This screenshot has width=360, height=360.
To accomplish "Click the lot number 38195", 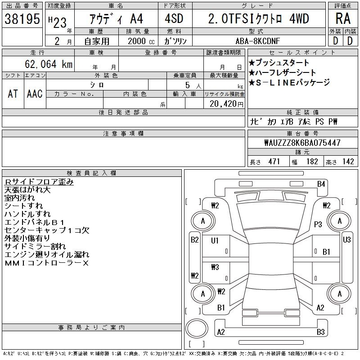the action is tap(22, 19).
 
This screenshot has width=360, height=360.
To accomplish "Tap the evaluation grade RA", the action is tap(343, 18).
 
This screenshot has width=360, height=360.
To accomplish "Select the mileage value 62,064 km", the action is tap(49, 64).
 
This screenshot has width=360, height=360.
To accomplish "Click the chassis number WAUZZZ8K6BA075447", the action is tap(302, 143).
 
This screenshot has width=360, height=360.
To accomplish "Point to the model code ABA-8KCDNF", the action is tap(258, 41).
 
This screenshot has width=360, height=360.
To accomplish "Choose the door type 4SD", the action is tap(174, 18).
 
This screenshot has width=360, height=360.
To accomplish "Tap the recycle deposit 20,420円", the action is tap(226, 104).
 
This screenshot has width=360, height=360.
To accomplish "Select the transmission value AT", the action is tap(13, 94).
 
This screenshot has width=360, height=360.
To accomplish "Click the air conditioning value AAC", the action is tap(35, 94).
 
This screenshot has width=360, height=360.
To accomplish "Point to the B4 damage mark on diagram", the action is tap(321, 184).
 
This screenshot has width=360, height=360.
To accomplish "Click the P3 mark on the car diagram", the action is tap(318, 224).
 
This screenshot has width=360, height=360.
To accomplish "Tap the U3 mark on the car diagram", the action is tap(346, 240).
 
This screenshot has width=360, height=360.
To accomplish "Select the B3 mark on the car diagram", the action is tap(321, 332).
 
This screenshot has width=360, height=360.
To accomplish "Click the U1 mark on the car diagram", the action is tap(215, 240).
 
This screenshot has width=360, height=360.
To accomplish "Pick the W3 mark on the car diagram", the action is tap(215, 267).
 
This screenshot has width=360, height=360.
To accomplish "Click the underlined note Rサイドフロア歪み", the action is tap(39, 182).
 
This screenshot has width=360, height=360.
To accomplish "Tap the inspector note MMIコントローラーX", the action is tap(47, 263).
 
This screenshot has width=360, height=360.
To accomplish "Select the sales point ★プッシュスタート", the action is tap(279, 63).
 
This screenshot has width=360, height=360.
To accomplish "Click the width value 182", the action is tap(312, 162).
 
